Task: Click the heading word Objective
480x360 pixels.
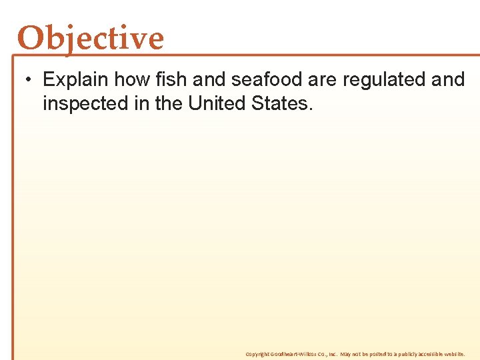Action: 91,38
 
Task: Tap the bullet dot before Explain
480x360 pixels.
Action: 25,80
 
